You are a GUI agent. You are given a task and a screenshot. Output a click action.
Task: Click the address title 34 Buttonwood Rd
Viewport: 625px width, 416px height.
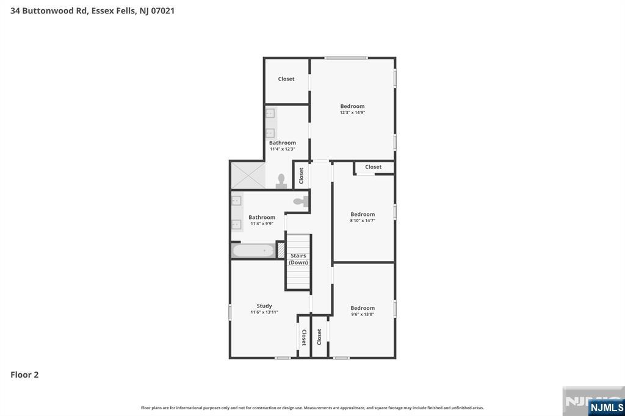(92, 10)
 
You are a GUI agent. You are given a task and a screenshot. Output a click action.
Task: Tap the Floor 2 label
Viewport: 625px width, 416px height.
(24, 375)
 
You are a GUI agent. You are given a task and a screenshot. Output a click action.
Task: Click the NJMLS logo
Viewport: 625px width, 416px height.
(606, 407)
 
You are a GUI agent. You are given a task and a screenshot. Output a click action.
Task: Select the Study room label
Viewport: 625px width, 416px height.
(264, 306)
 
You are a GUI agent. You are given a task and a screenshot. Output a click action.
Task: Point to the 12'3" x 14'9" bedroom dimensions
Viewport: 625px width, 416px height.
(352, 112)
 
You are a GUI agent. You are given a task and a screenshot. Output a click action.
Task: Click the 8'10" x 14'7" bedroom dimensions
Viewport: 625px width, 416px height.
(363, 221)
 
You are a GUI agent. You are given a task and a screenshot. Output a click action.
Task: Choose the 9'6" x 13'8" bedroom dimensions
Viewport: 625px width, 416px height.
(363, 315)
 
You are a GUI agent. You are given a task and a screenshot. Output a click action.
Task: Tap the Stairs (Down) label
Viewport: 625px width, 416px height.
(298, 259)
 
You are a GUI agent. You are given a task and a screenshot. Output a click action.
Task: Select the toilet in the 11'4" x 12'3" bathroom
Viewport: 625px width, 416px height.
(281, 181)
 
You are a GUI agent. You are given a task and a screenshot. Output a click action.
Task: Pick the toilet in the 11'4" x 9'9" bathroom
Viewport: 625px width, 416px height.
(300, 201)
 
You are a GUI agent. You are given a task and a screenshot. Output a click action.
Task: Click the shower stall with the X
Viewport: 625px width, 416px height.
(248, 175)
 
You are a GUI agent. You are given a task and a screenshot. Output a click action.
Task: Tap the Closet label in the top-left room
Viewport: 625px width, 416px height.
(286, 79)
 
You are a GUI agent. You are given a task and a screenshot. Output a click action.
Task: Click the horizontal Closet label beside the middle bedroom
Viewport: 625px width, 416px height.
(374, 167)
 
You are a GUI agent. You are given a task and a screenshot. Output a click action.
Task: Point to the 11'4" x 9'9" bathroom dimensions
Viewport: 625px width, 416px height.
(262, 224)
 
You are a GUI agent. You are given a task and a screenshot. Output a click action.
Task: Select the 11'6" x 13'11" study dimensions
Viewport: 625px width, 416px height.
(264, 312)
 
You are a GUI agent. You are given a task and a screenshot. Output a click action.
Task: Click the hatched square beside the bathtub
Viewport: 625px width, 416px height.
(281, 250)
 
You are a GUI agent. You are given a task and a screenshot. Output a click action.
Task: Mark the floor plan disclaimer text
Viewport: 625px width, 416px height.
(312, 407)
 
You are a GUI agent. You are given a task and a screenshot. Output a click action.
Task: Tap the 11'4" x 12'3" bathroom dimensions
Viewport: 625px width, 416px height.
(283, 149)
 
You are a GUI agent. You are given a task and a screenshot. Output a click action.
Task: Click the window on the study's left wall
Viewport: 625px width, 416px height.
(230, 312)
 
